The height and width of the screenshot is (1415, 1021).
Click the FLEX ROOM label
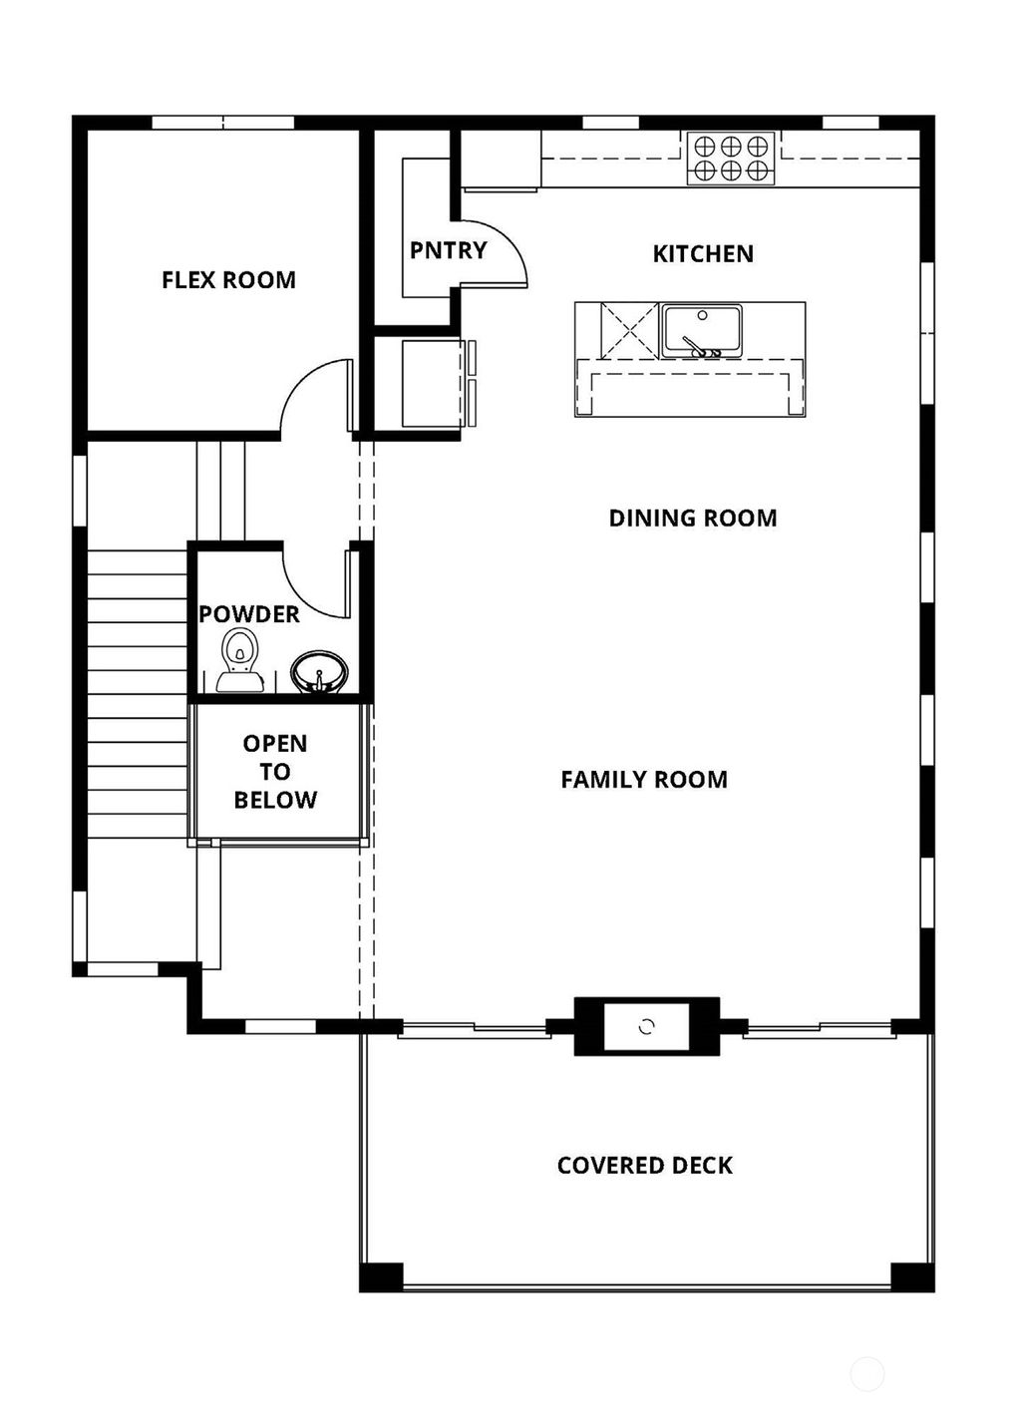(x=228, y=280)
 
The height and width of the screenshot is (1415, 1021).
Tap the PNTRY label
(x=448, y=250)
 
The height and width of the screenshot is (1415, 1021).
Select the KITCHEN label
(x=703, y=254)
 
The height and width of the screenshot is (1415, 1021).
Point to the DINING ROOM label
(x=693, y=518)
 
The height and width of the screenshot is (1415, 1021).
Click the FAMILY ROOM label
(x=644, y=780)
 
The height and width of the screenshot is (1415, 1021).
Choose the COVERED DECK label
(x=645, y=1166)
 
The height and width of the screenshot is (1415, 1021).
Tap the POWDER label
(x=248, y=614)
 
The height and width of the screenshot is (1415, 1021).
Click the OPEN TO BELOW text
(x=275, y=772)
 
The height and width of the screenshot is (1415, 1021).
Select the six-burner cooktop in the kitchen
(x=731, y=158)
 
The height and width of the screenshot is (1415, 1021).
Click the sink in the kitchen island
(x=701, y=330)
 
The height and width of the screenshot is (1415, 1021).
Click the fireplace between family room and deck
(x=646, y=1026)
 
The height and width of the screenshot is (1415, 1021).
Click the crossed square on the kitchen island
(x=628, y=330)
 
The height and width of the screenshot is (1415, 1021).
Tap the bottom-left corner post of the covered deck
(x=382, y=1276)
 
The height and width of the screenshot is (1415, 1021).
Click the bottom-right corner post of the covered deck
(x=911, y=1276)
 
